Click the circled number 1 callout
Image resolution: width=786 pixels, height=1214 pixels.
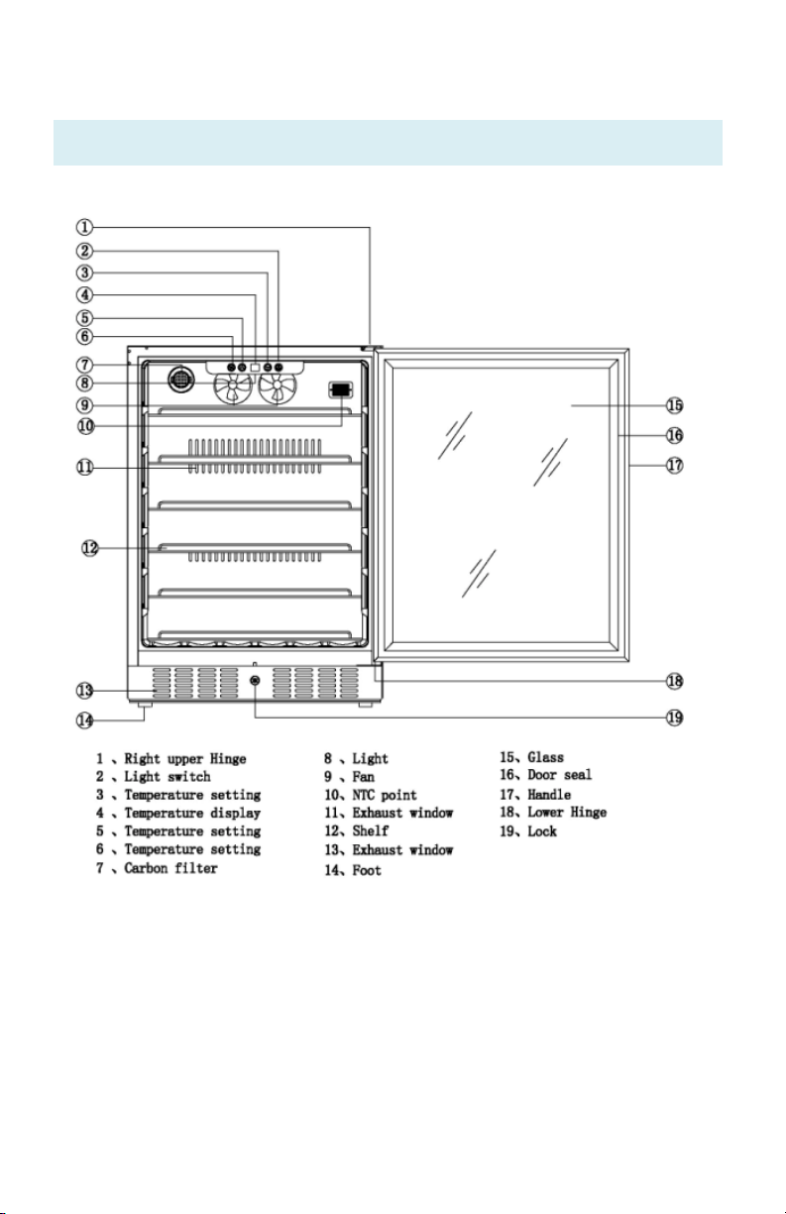coord(84,227)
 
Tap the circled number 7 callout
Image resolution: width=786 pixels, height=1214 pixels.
coord(84,365)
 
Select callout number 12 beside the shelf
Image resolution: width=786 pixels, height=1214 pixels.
coord(90,548)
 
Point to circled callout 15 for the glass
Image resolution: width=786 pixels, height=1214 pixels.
coord(674,405)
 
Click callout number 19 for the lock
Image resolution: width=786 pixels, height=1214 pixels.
coord(674,717)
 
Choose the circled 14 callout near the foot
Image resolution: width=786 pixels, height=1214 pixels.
coord(84,720)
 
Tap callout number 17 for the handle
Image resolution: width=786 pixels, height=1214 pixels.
coord(674,465)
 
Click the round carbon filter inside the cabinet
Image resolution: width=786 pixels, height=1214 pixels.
coord(180,380)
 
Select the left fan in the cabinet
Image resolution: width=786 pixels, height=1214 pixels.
coord(233,388)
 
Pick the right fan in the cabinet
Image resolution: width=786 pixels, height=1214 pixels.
coord(278,388)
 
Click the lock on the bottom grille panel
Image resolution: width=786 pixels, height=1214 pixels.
coord(256,680)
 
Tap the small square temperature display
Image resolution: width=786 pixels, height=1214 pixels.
coord(255,368)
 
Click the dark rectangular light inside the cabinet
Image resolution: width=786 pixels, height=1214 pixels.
coord(341,389)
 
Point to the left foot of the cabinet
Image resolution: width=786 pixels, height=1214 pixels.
coord(145,705)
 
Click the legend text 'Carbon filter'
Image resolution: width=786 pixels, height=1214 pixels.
coord(170,868)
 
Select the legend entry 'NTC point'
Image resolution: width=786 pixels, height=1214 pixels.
coord(385,795)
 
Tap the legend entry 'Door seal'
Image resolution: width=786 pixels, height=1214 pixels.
coord(559,774)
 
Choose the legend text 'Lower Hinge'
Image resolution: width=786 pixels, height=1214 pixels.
coord(567,813)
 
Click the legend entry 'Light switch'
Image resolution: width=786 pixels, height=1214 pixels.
coord(168,777)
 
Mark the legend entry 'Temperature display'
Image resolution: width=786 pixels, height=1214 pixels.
coord(192,813)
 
